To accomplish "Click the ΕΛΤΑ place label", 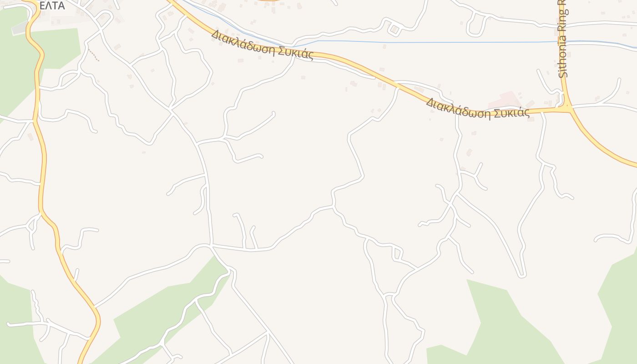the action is tap(52, 6).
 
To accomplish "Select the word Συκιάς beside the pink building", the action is tap(515, 112).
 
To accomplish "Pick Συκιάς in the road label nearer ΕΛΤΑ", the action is tap(296, 55).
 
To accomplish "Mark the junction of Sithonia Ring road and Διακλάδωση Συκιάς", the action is tap(567, 109).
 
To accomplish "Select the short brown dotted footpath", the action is tap(93, 54).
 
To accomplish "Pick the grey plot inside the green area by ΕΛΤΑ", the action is tap(20, 28).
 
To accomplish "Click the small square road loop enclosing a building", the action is tap(394, 30).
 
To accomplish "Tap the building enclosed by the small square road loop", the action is tap(394, 30).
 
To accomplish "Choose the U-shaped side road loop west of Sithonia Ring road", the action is tap(476, 25).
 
